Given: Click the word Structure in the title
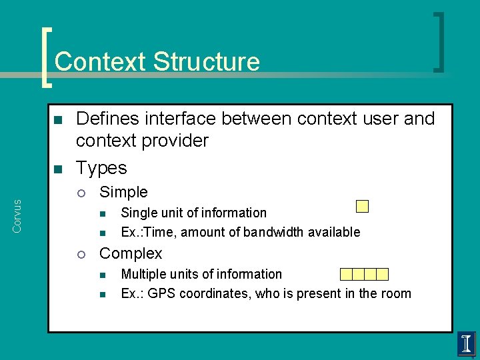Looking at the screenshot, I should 206,61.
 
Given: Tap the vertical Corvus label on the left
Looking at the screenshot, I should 17,215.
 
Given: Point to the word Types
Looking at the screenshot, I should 101,167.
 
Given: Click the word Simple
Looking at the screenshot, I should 123,192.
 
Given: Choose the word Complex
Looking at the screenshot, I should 131,253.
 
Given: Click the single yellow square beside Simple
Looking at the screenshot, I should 362,206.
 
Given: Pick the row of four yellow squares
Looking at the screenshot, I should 364,274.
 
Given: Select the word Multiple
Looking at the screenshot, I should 143,274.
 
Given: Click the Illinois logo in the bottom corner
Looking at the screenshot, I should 466,344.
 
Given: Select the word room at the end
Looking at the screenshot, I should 396,293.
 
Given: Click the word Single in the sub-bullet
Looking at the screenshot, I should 137,213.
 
